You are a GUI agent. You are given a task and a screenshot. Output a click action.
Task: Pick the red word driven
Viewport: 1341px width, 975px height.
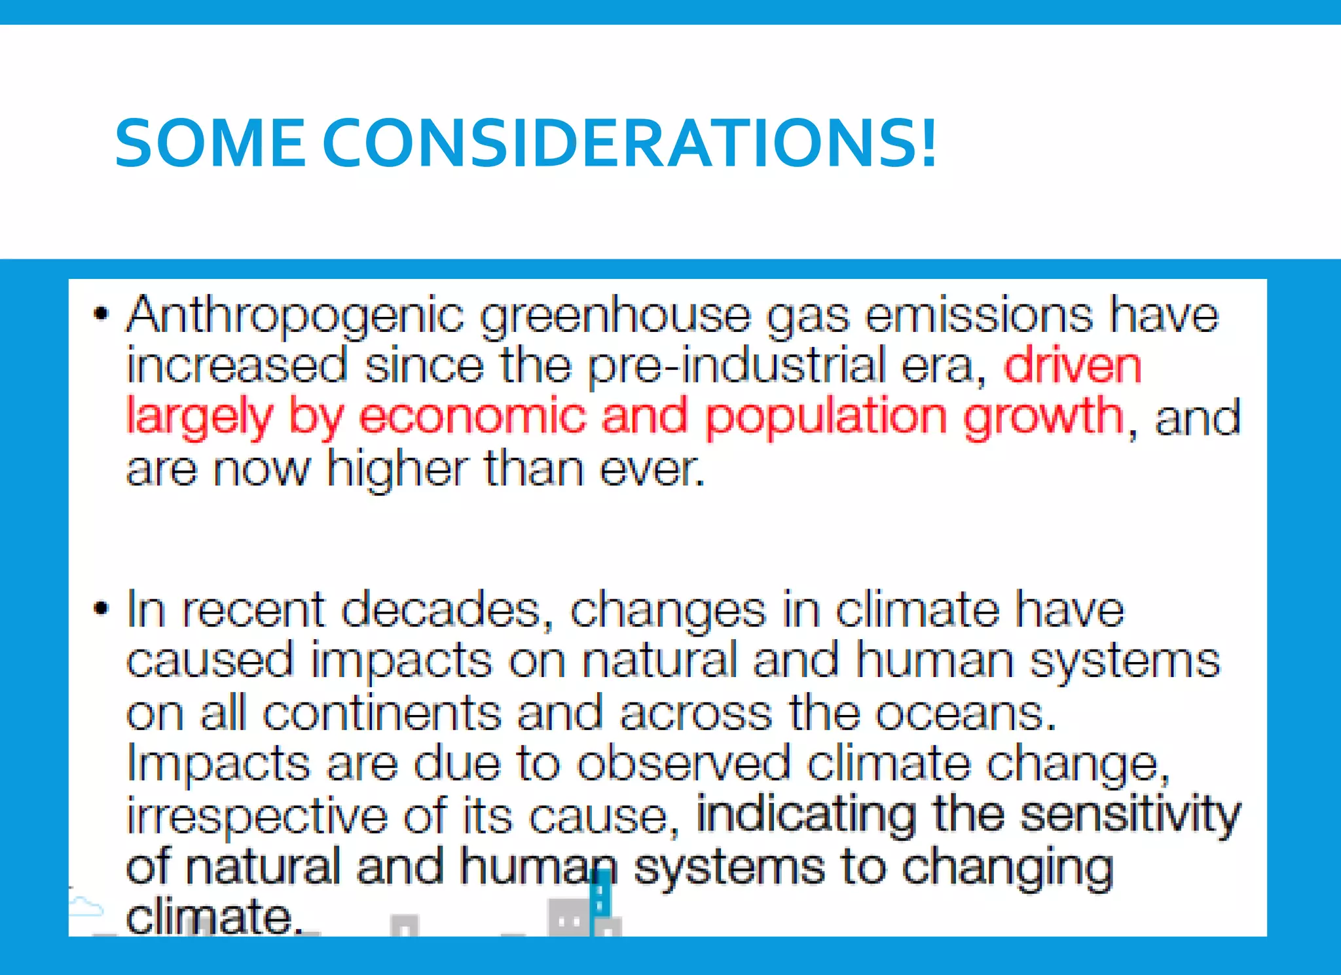pyautogui.click(x=1073, y=365)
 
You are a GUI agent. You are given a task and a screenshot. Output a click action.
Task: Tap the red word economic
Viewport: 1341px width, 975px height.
pyautogui.click(x=472, y=416)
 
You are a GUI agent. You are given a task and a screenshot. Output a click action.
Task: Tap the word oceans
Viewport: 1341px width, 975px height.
pyautogui.click(x=966, y=713)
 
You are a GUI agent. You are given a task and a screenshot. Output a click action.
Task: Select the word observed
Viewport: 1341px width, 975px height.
pyautogui.click(x=684, y=763)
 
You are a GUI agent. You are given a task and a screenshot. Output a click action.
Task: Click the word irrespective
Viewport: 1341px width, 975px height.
pyautogui.click(x=257, y=816)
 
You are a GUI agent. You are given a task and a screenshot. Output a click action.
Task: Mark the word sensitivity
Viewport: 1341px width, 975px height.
pyautogui.click(x=1130, y=816)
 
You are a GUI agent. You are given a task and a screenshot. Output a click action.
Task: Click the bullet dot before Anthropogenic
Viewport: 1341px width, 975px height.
pyautogui.click(x=100, y=314)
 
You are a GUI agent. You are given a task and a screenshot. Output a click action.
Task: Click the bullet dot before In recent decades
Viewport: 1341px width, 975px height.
pyautogui.click(x=100, y=608)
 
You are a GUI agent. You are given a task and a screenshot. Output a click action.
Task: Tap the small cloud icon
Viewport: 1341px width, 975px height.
pyautogui.click(x=86, y=906)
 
